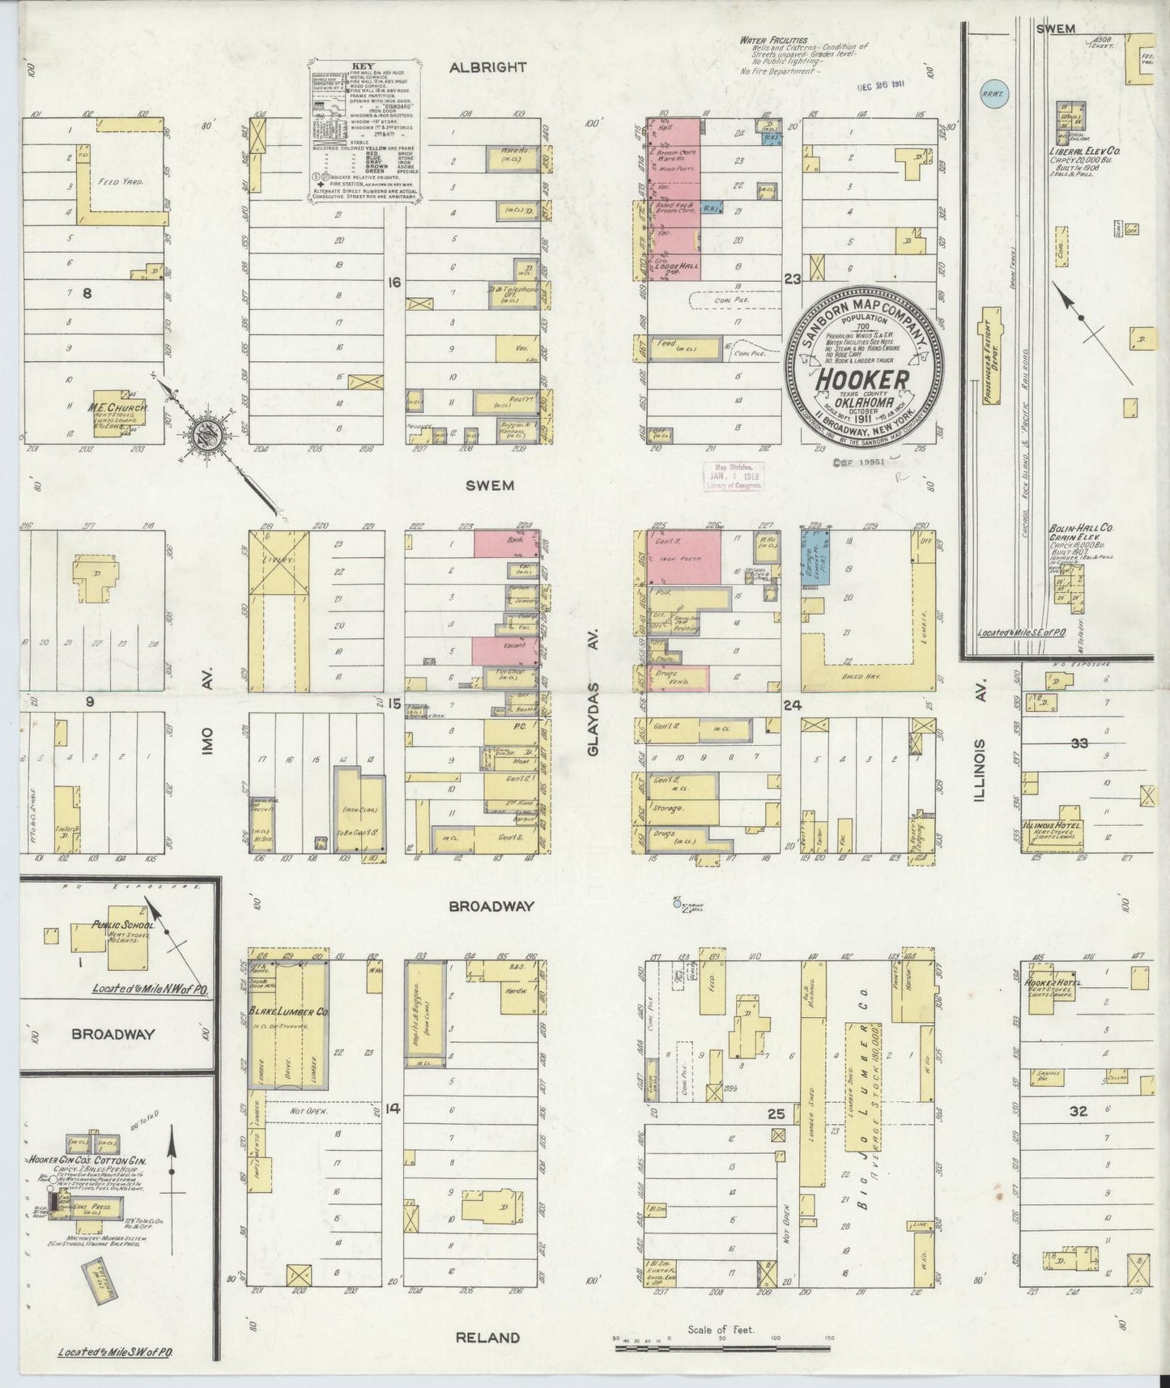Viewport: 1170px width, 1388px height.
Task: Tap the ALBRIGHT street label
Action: click(487, 68)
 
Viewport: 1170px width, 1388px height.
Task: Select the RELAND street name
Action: click(487, 1337)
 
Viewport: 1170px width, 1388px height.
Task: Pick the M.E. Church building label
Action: click(118, 409)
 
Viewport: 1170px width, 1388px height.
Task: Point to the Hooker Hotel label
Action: click(1052, 983)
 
